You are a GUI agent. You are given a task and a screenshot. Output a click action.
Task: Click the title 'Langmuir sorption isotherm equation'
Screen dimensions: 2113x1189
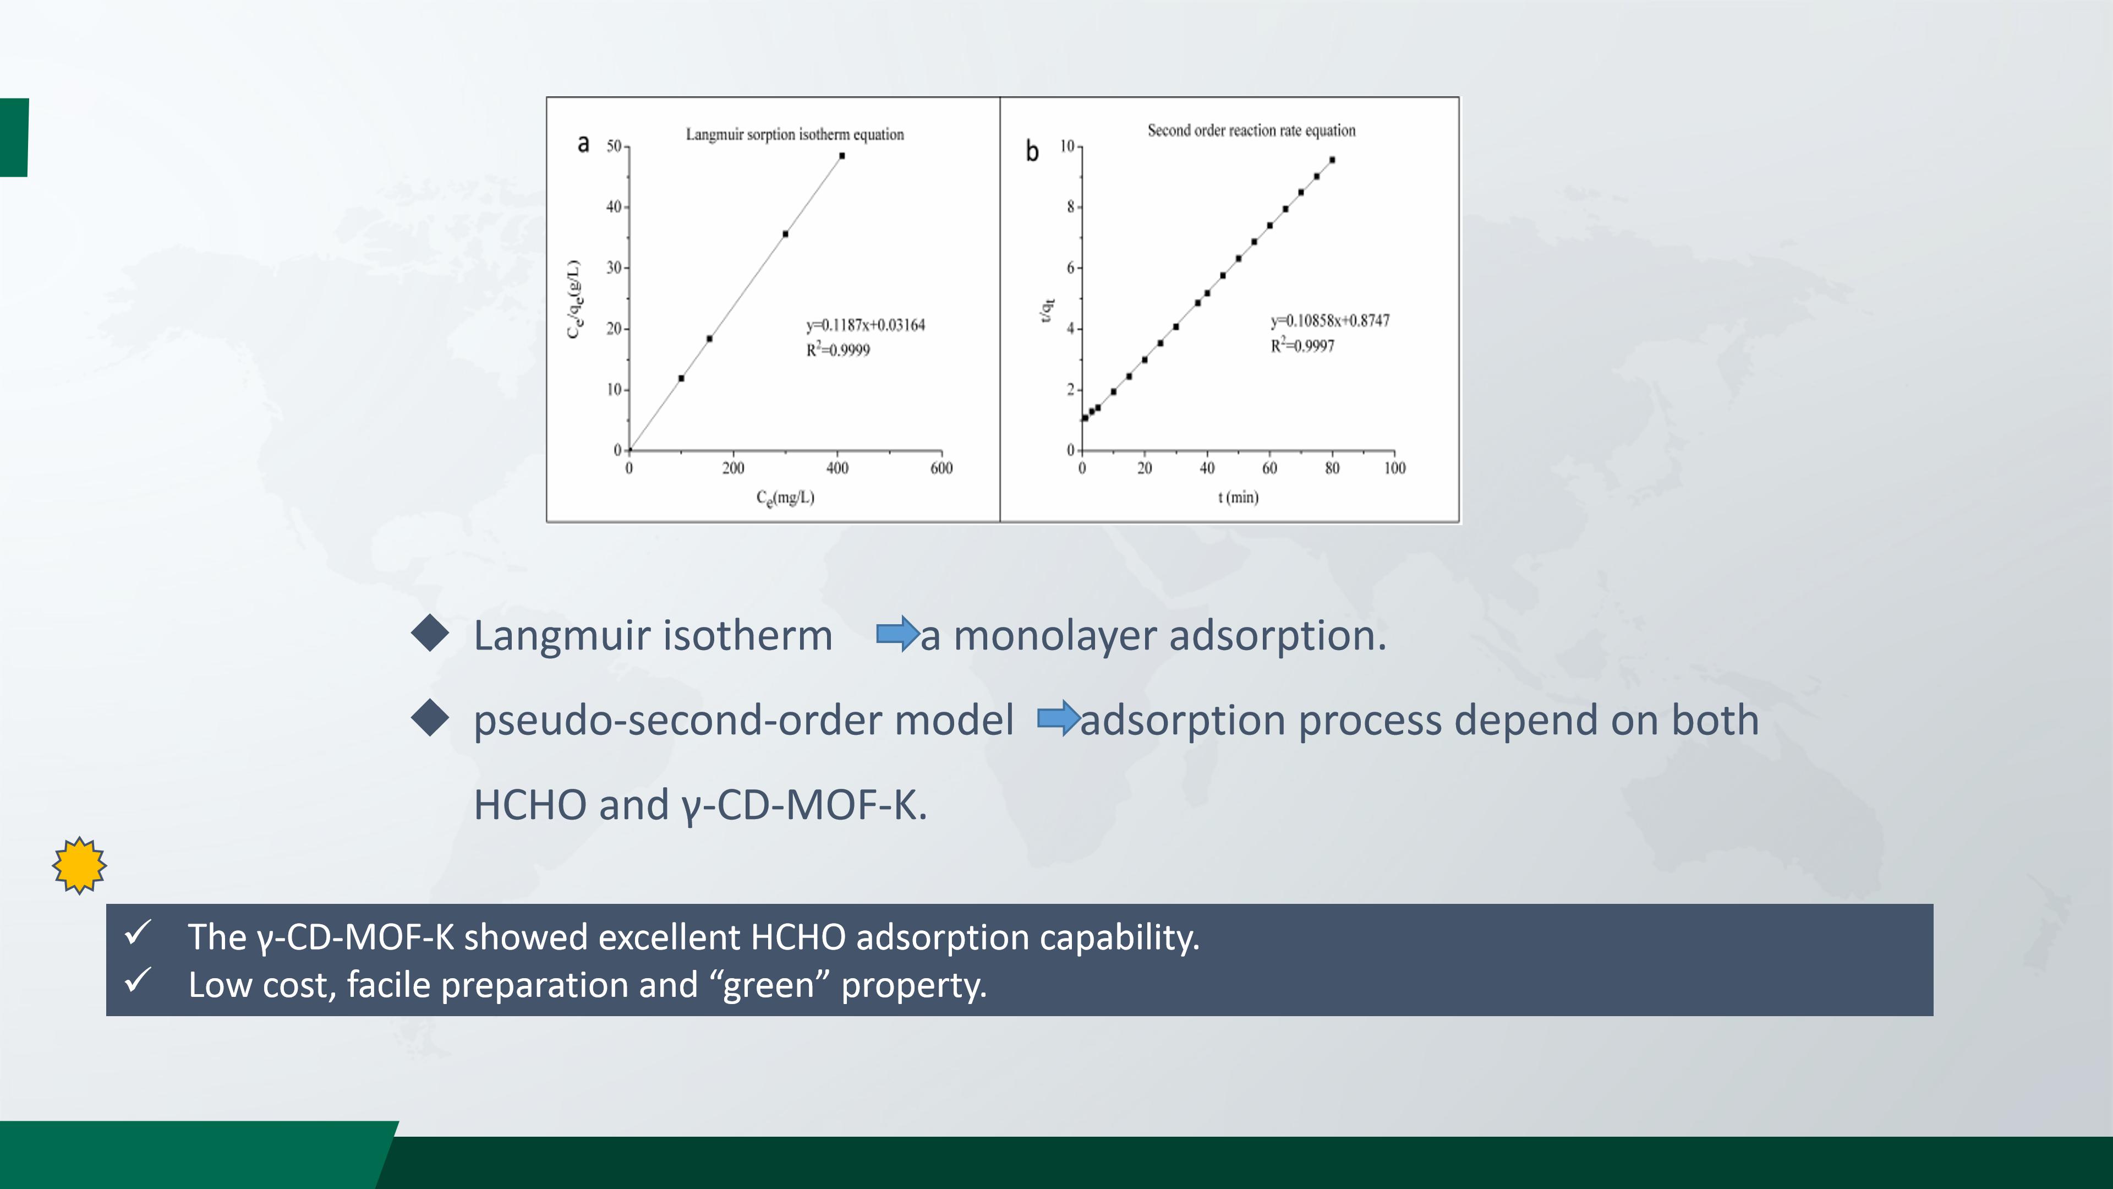click(795, 134)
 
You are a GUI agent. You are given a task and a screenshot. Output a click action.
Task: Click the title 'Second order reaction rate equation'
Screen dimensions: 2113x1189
click(1251, 130)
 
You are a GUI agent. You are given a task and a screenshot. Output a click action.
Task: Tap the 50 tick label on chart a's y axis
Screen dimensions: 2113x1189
click(614, 146)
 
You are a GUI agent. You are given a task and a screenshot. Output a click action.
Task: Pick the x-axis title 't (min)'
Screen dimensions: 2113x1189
click(1238, 497)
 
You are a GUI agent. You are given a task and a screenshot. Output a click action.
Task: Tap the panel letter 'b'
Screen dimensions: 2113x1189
click(1032, 151)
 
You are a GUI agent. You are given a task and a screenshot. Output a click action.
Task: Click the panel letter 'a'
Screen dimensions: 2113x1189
click(583, 144)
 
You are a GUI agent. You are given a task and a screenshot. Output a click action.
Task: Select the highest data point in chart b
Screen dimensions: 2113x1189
click(1332, 160)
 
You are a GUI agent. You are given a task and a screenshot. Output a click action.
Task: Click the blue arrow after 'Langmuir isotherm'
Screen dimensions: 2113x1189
click(897, 634)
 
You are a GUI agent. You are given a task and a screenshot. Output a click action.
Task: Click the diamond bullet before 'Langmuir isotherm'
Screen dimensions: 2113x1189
click(430, 634)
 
